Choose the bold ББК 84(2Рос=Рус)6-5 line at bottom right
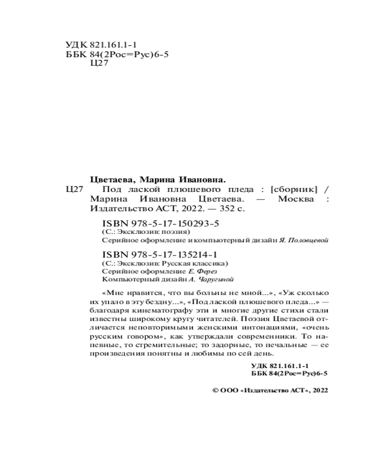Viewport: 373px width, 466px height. [290, 374]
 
